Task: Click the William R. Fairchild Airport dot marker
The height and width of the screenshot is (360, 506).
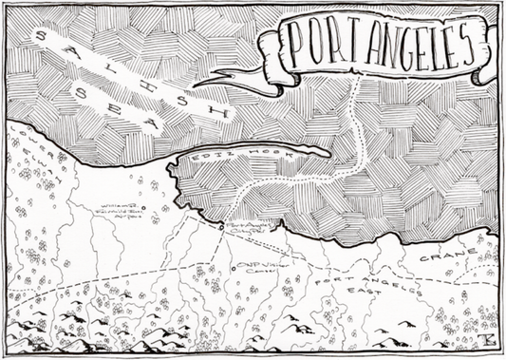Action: click(x=141, y=207)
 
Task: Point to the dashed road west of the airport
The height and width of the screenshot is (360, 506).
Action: click(x=66, y=279)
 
